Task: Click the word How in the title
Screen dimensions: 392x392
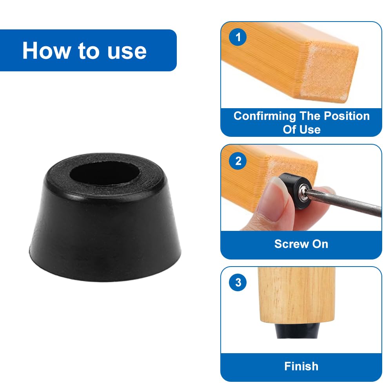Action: pyautogui.click(x=46, y=51)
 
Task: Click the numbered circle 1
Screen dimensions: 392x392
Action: pyautogui.click(x=238, y=37)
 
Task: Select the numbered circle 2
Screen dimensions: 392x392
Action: pyautogui.click(x=238, y=161)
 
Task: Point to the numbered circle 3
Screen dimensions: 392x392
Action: pyautogui.click(x=238, y=283)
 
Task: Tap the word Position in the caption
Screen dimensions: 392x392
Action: pyautogui.click(x=347, y=116)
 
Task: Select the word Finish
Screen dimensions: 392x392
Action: pyautogui.click(x=301, y=366)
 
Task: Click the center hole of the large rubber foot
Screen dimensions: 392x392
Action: pyautogui.click(x=105, y=173)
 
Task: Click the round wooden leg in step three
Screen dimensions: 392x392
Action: pyautogui.click(x=296, y=296)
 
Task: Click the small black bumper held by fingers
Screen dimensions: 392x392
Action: pyautogui.click(x=295, y=191)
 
